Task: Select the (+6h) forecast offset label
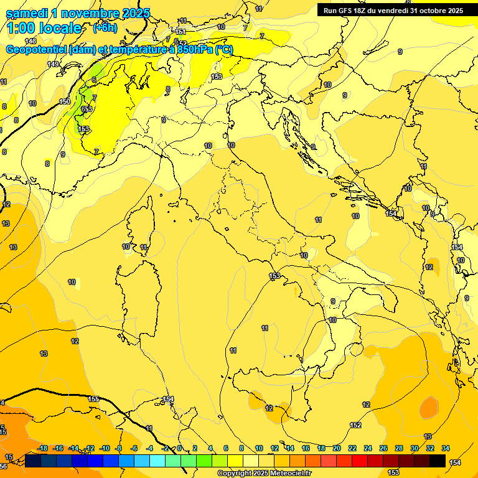pos(103,28)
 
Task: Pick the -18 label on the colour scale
pos(43,448)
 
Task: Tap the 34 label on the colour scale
pos(446,448)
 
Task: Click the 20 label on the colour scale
pos(337,448)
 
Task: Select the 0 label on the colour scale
pos(179,448)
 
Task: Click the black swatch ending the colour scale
pos(438,461)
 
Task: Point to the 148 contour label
pos(30,41)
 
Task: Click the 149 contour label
pos(53,64)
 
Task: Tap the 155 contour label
pos(93,399)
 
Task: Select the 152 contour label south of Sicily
pos(355,425)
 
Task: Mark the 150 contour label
pos(65,101)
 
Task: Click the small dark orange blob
pos(428,408)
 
